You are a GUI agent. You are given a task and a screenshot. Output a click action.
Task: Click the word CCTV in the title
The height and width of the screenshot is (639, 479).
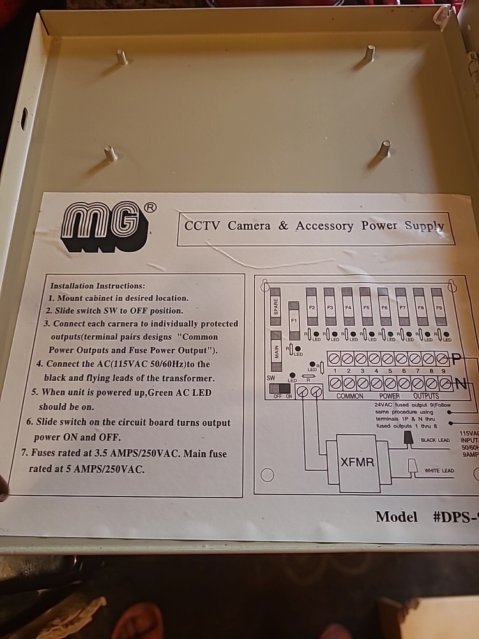pyautogui.click(x=202, y=226)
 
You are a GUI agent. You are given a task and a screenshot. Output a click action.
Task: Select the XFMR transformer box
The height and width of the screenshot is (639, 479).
pyautogui.click(x=358, y=462)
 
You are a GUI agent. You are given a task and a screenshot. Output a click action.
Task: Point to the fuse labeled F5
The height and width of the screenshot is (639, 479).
pyautogui.click(x=366, y=306)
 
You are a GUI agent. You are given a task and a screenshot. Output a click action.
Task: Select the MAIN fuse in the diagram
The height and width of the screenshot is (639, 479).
pyautogui.click(x=276, y=351)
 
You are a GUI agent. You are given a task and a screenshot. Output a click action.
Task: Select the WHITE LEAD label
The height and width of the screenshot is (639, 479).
pyautogui.click(x=439, y=470)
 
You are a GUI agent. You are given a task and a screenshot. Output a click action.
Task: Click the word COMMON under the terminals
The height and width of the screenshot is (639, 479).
pyautogui.click(x=349, y=396)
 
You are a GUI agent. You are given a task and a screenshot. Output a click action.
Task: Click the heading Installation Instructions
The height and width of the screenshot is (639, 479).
pyautogui.click(x=98, y=286)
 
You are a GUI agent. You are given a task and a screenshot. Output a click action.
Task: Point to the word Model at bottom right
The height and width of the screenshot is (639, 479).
pyautogui.click(x=396, y=517)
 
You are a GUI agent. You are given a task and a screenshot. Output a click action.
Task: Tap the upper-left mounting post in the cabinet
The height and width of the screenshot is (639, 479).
pyautogui.click(x=121, y=58)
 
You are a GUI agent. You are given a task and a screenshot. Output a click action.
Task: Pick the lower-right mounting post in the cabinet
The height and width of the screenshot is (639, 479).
pyautogui.click(x=383, y=149)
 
